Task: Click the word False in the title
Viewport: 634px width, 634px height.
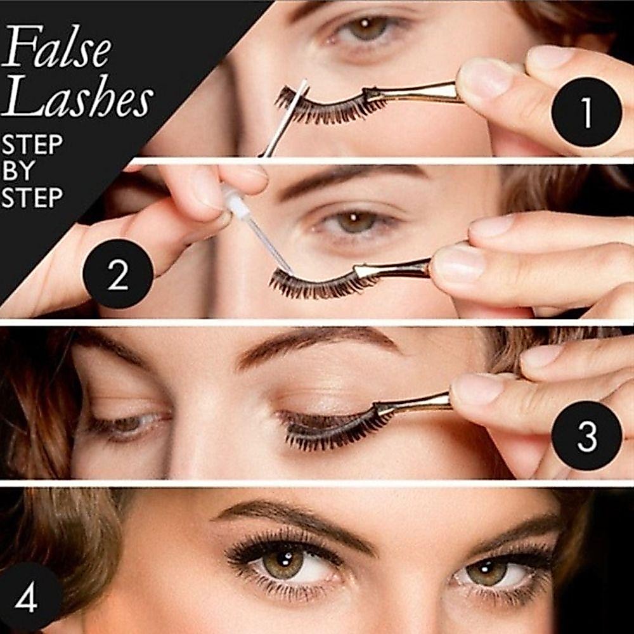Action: (x=56, y=46)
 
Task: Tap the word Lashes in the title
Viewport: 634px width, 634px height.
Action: (x=77, y=96)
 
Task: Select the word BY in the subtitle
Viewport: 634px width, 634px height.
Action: (x=18, y=171)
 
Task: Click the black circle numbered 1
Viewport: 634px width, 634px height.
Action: (x=586, y=112)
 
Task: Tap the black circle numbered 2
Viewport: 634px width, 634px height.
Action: (x=118, y=274)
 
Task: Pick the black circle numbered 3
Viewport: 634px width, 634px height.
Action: (x=586, y=436)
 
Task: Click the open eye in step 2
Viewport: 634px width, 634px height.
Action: (x=356, y=223)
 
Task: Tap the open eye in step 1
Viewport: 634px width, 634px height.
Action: (x=366, y=29)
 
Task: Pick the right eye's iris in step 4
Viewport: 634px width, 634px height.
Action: (x=486, y=571)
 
